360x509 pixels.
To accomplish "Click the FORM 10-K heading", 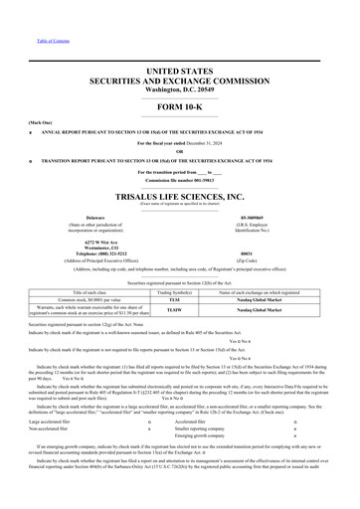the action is click(x=181, y=106).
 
